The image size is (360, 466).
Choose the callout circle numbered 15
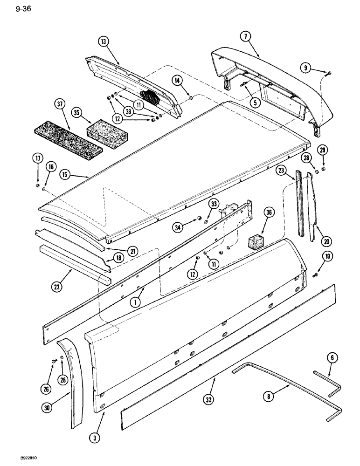[x=65, y=175]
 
